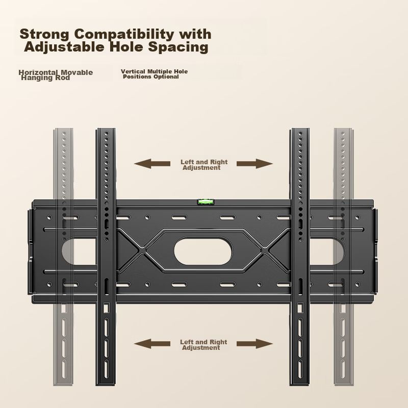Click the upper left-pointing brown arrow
pyautogui.click(x=152, y=164)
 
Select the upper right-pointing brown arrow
pyautogui.click(x=255, y=164)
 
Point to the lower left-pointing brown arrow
pyautogui.click(x=152, y=344)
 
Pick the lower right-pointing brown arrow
pyautogui.click(x=254, y=344)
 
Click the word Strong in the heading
pyautogui.click(x=44, y=34)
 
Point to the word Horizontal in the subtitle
pyautogui.click(x=38, y=72)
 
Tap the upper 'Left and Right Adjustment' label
pyautogui.click(x=203, y=165)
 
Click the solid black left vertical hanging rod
pyautogui.click(x=106, y=255)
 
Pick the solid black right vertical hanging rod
pyautogui.click(x=299, y=255)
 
